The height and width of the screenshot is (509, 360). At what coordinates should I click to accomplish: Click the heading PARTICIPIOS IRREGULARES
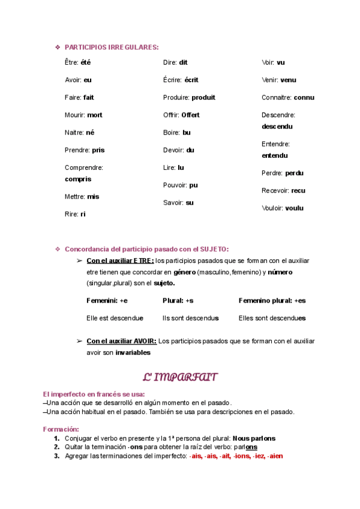tap(112, 47)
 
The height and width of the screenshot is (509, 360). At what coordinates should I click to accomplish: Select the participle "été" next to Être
tap(85, 62)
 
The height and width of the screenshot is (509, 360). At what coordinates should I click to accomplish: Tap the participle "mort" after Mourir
tap(94, 115)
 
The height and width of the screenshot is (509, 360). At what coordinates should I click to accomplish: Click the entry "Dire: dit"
tap(175, 62)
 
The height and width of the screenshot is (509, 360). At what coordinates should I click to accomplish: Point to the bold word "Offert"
tap(190, 115)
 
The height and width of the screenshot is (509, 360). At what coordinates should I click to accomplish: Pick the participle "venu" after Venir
tap(288, 80)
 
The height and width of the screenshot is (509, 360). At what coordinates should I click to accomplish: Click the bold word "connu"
tap(304, 97)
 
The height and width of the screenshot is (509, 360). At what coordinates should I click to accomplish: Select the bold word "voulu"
tap(295, 208)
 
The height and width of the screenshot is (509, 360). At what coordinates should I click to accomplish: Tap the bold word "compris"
tap(78, 179)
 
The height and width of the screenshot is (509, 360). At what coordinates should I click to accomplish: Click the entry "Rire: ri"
tap(75, 214)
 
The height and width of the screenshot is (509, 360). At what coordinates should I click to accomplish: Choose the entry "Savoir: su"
tap(178, 203)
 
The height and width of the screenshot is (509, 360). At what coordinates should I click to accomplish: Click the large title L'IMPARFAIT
tap(179, 378)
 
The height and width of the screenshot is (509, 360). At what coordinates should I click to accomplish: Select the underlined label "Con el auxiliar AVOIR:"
tap(122, 341)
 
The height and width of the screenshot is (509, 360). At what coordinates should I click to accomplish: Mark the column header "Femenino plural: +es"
tap(272, 300)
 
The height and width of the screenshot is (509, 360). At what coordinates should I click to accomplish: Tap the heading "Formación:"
tap(61, 429)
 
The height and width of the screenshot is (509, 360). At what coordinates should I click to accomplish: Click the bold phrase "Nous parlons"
tap(254, 438)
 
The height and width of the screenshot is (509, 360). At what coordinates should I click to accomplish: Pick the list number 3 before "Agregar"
tap(56, 456)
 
